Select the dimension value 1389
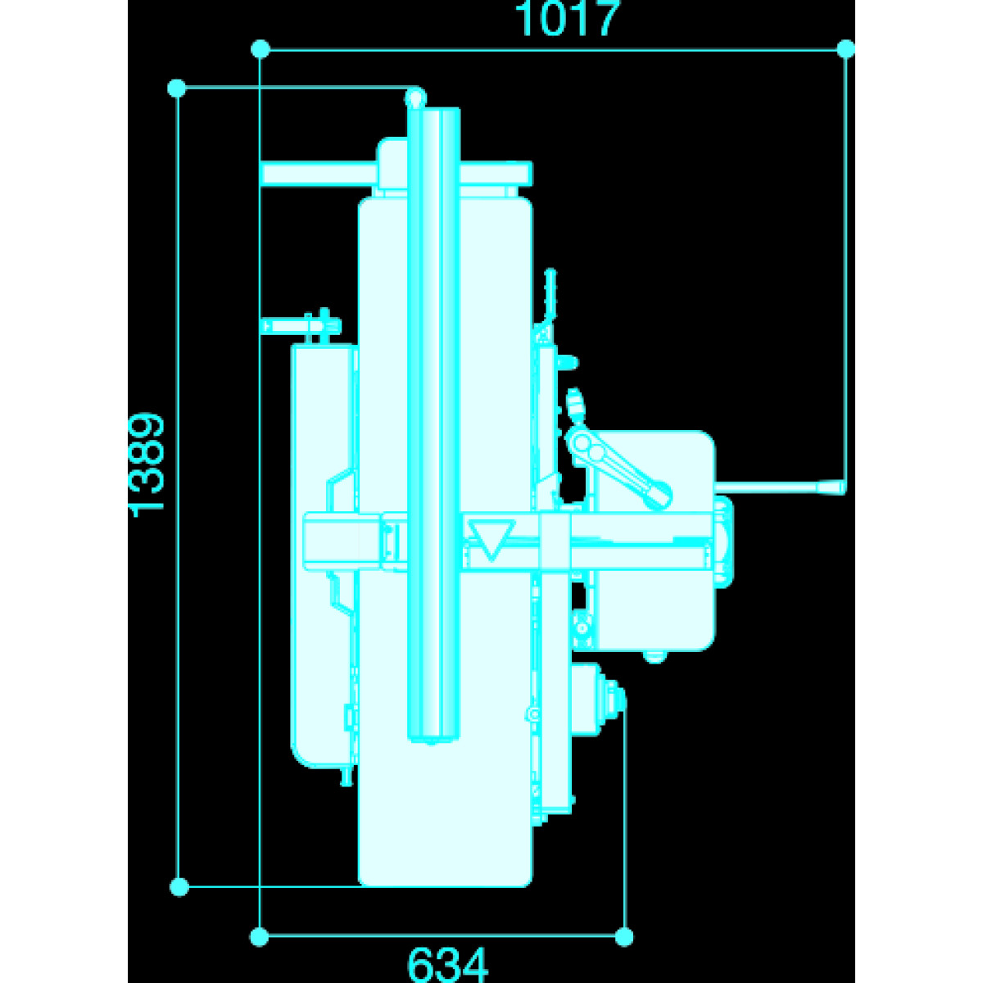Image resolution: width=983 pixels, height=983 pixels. coord(147,464)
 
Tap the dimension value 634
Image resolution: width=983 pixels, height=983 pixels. coord(447,964)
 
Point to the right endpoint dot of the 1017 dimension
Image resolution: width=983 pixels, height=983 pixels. coord(845,49)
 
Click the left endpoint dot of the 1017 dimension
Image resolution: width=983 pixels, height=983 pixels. coord(260,49)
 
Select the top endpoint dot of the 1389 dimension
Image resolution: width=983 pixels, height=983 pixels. coord(176,88)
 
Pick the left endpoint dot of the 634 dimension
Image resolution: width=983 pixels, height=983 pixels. coord(259,936)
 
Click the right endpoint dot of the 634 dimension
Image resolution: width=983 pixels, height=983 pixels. coord(624,936)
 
